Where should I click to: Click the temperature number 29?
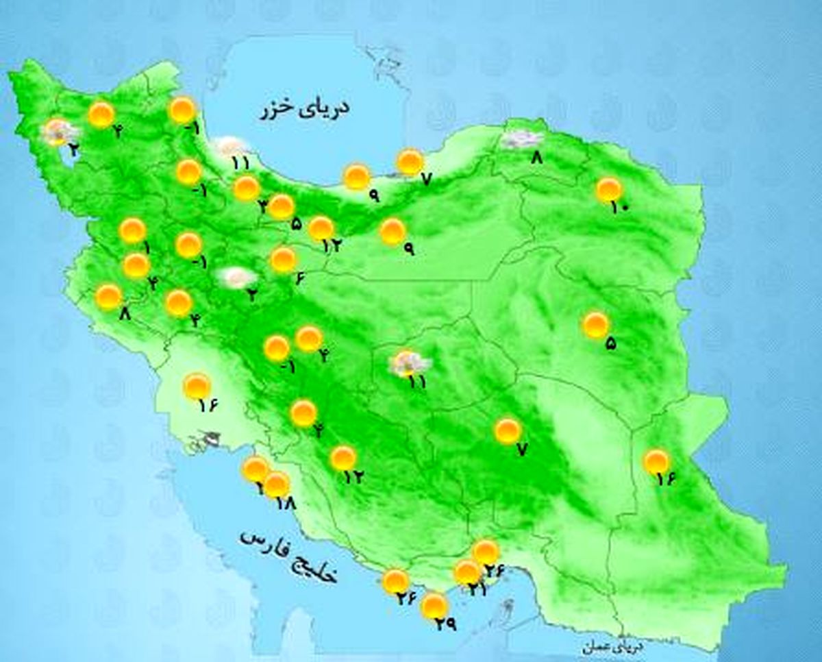coord(444,624)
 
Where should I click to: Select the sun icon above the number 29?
coord(434,606)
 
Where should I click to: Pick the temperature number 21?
coord(478,588)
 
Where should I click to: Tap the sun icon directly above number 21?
coord(468,572)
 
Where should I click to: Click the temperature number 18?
coord(284,503)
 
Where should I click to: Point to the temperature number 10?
coord(619,206)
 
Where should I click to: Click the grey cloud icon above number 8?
coord(519,139)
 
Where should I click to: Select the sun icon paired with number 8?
coord(108,297)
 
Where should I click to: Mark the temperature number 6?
coord(299,278)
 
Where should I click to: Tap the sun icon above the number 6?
coord(283,260)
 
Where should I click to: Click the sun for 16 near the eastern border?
coord(657,462)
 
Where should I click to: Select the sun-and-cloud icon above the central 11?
coord(409,363)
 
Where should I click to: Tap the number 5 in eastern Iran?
coord(610,344)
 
